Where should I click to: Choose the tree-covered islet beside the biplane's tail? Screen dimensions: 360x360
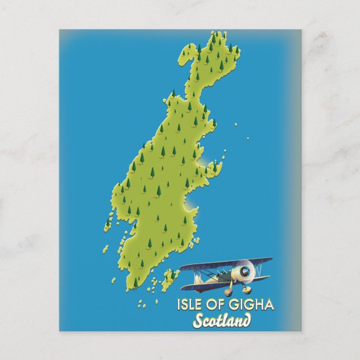(170, 274)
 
